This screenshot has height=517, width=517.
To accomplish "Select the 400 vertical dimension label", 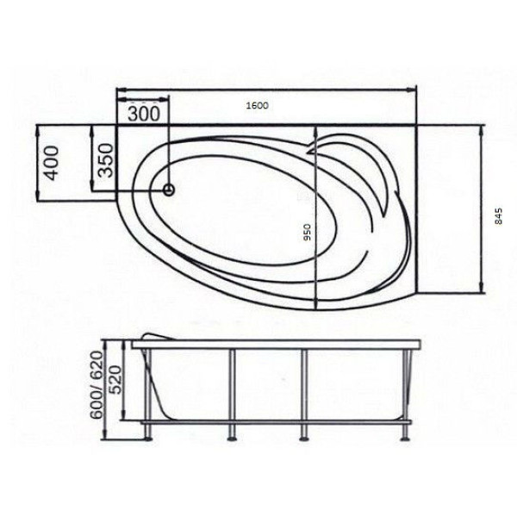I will [x=52, y=163].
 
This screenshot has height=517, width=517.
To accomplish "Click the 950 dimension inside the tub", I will [x=306, y=234].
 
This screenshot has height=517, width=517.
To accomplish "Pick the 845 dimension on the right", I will [x=497, y=216].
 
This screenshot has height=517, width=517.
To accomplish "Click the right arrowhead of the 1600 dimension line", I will [x=413, y=89].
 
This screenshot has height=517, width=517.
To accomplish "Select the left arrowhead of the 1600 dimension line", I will [x=120, y=89].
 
